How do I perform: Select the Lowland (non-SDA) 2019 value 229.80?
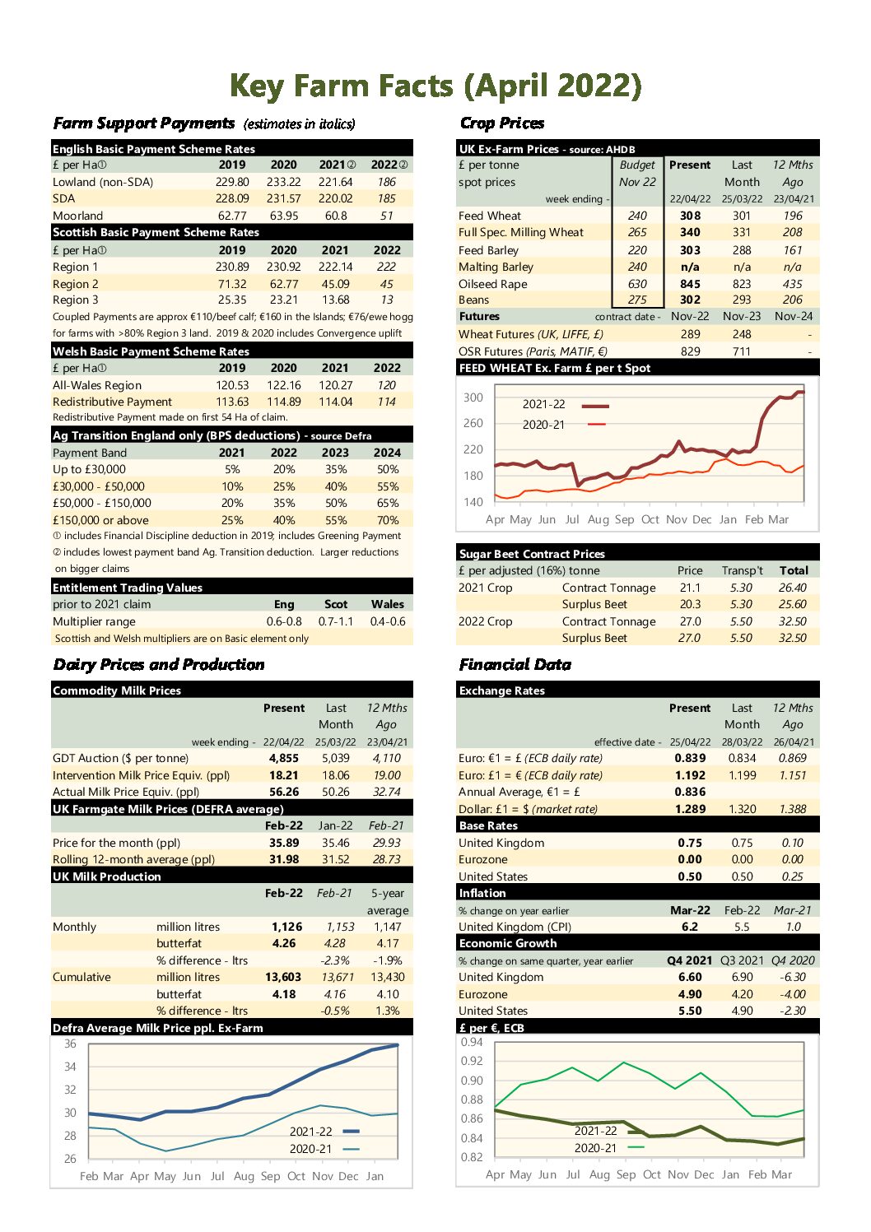tap(232, 182)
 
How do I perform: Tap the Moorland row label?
tap(77, 216)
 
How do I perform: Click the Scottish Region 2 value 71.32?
tap(232, 284)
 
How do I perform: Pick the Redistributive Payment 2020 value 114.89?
tap(284, 402)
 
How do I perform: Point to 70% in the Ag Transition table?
tap(388, 520)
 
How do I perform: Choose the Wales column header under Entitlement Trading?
tap(388, 604)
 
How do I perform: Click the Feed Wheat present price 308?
tap(690, 216)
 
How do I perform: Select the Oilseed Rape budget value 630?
tap(637, 284)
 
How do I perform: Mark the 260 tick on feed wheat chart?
tap(473, 423)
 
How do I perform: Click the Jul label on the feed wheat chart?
tap(572, 519)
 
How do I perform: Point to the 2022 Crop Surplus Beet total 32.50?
tap(792, 638)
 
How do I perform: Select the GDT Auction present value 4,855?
tap(284, 758)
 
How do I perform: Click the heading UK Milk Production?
tap(107, 876)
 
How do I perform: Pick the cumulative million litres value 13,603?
tap(283, 977)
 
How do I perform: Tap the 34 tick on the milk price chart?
tap(70, 1067)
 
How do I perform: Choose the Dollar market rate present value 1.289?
tap(690, 809)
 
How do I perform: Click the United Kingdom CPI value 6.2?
tap(690, 927)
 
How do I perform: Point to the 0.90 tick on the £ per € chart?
tap(472, 1081)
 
